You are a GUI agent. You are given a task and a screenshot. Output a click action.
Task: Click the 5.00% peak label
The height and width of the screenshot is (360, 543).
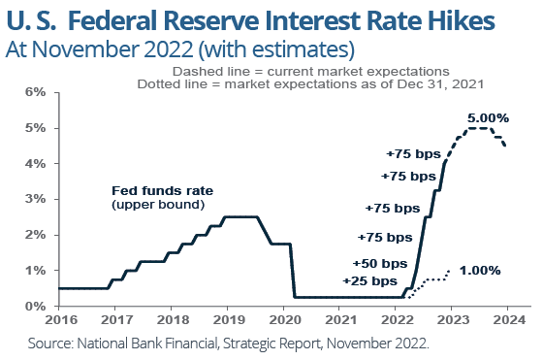489,117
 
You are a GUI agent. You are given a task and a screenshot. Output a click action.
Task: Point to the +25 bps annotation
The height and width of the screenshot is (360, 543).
368,281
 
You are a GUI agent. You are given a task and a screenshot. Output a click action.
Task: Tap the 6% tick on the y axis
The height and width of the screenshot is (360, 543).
35,92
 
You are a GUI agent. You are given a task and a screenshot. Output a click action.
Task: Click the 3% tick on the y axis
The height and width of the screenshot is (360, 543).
35,199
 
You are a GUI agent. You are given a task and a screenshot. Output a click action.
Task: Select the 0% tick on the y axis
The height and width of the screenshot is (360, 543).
35,306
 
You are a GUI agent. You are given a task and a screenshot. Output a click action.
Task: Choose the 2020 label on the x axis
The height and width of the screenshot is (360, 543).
283,319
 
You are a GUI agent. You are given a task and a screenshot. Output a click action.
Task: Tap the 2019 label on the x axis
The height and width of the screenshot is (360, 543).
227,319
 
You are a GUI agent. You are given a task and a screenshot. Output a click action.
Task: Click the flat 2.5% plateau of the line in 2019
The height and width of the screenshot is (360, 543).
240,216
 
